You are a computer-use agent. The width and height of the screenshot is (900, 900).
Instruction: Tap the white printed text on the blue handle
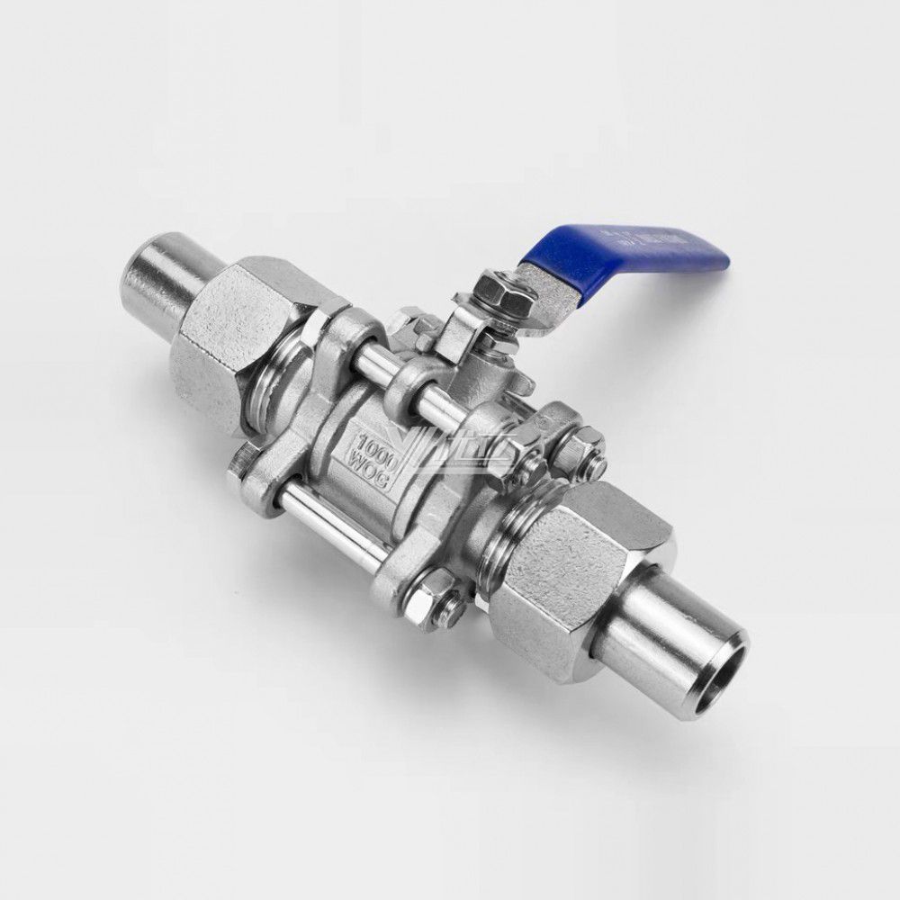click(x=666, y=243)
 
